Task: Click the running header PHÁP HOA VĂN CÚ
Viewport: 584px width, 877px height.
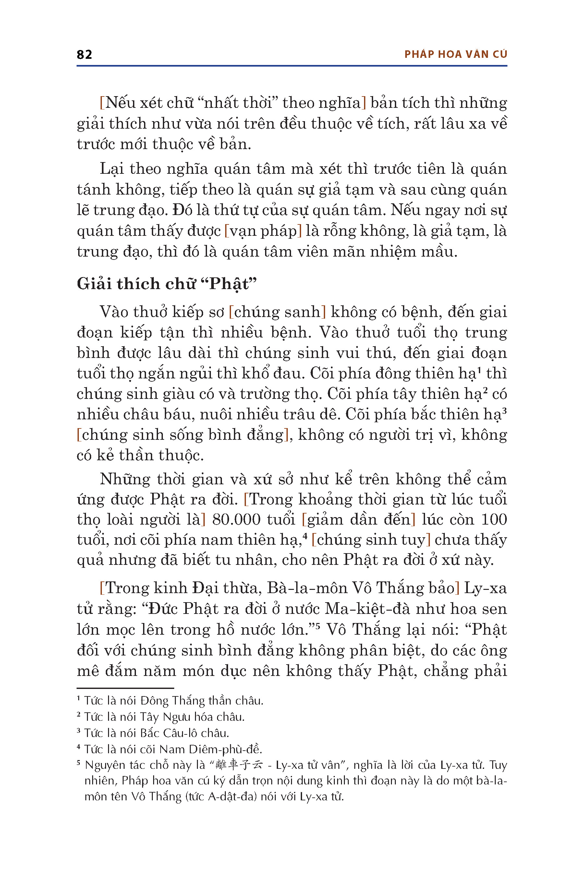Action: (x=456, y=55)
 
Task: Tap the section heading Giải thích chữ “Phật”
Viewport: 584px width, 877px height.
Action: (x=166, y=284)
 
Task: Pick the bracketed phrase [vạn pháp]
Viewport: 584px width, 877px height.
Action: (x=263, y=231)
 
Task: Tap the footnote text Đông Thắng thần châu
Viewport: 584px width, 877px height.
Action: (x=201, y=701)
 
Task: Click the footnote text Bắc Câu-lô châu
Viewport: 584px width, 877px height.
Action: (x=184, y=733)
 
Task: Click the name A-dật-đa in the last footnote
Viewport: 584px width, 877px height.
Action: (x=232, y=796)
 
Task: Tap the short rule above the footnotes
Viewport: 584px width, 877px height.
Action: (x=125, y=688)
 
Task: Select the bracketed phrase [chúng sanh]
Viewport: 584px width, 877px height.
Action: (x=277, y=312)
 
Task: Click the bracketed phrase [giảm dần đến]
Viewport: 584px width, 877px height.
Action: (x=358, y=519)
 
